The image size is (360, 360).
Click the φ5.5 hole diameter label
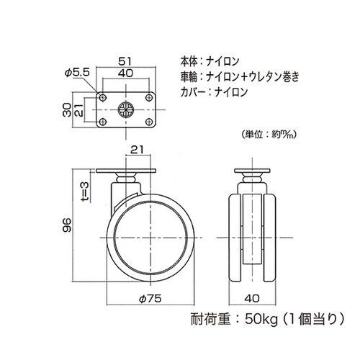click(76, 73)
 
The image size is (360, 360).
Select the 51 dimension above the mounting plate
click(125, 62)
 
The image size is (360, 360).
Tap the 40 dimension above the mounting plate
click(125, 73)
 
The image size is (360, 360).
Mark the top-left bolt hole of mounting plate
click(104, 96)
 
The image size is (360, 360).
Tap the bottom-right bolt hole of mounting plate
click(145, 122)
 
